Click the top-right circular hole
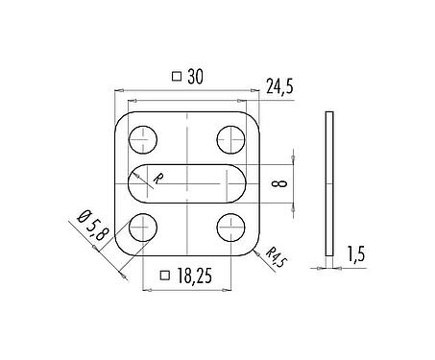pyautogui.click(x=231, y=139)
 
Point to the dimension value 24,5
pyautogui.click(x=277, y=88)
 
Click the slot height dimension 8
pyautogui.click(x=278, y=183)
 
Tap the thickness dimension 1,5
pyautogui.click(x=356, y=253)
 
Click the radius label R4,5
pyautogui.click(x=276, y=256)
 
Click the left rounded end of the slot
pyautogui.click(x=135, y=182)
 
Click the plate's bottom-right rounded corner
pyautogui.click(x=253, y=248)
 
